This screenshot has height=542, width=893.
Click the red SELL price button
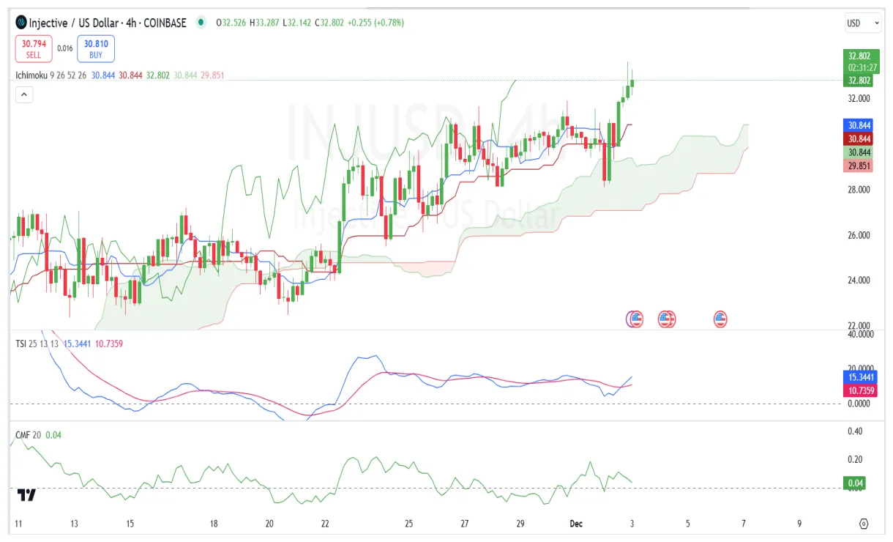[33, 48]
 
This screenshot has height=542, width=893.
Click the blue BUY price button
[96, 48]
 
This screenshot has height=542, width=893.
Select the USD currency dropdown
[862, 23]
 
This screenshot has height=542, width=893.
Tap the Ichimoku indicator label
[31, 75]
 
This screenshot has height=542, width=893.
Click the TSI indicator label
[21, 343]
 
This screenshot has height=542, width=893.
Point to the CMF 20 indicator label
[29, 435]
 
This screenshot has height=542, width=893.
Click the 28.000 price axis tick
[859, 190]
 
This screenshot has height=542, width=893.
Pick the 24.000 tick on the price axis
[859, 281]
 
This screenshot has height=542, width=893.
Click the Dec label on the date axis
[575, 524]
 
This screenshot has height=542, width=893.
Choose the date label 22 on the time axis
[325, 524]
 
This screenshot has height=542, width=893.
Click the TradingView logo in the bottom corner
[27, 496]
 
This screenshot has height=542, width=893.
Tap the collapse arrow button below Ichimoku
[24, 94]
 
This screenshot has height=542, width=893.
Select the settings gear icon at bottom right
[864, 524]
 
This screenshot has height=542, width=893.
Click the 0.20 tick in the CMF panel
[855, 460]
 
